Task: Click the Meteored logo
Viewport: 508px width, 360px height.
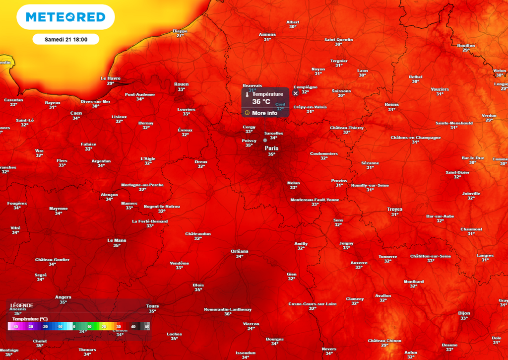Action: click(x=65, y=17)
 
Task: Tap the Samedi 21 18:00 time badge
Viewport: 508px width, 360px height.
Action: click(x=66, y=39)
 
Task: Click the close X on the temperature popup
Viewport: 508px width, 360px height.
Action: click(x=296, y=93)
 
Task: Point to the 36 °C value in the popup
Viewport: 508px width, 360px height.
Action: click(x=261, y=102)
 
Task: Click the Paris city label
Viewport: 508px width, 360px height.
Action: click(x=271, y=148)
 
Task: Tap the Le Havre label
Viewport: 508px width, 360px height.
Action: click(x=110, y=78)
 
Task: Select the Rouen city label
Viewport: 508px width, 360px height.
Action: click(x=181, y=84)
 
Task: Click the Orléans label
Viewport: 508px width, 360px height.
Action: click(x=240, y=251)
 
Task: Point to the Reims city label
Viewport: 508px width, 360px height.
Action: click(x=391, y=104)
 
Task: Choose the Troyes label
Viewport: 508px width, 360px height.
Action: click(x=394, y=210)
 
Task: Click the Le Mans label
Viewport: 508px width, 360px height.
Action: click(x=117, y=240)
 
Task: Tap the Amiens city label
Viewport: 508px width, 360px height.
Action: click(x=267, y=34)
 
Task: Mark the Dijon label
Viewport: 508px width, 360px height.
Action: click(x=464, y=313)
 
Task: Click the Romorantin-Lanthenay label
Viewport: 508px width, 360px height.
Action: click(x=228, y=309)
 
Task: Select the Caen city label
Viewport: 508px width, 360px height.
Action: click(x=76, y=113)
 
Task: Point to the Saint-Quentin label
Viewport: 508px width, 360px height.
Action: click(x=338, y=40)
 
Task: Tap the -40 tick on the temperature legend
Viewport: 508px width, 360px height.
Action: click(x=16, y=326)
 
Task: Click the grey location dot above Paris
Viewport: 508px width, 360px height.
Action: click(x=265, y=140)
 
